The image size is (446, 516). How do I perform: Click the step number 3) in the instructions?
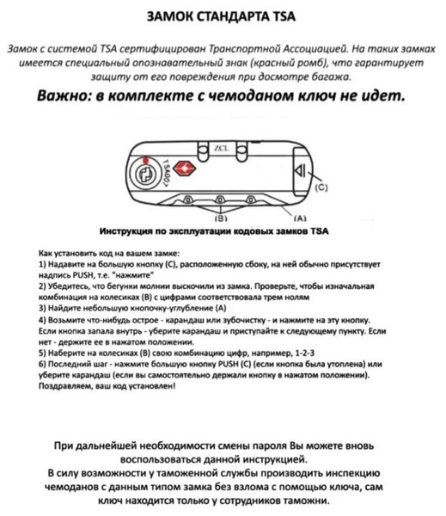pos(44,307)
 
